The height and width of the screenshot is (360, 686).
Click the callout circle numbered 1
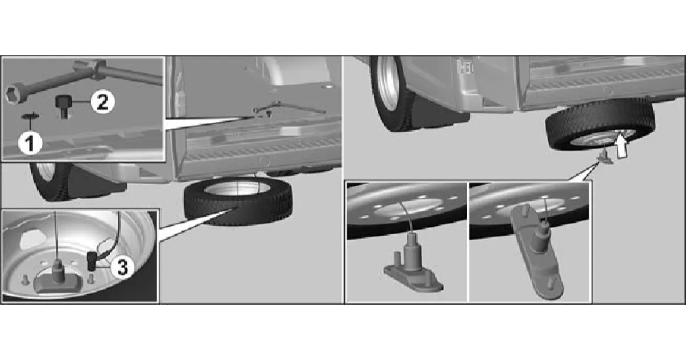pos(30,143)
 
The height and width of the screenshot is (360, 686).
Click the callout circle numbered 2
pos(102,102)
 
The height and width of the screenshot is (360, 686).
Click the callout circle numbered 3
pos(122,267)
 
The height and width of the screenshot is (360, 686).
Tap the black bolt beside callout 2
pos(63,106)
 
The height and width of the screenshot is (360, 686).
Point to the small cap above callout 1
pos(30,117)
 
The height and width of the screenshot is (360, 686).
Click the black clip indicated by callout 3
pos(92,261)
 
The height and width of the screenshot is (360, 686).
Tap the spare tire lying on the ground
pos(238,201)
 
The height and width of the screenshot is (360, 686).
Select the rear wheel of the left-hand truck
pos(50,182)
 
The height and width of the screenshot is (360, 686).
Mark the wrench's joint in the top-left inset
pos(97,70)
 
